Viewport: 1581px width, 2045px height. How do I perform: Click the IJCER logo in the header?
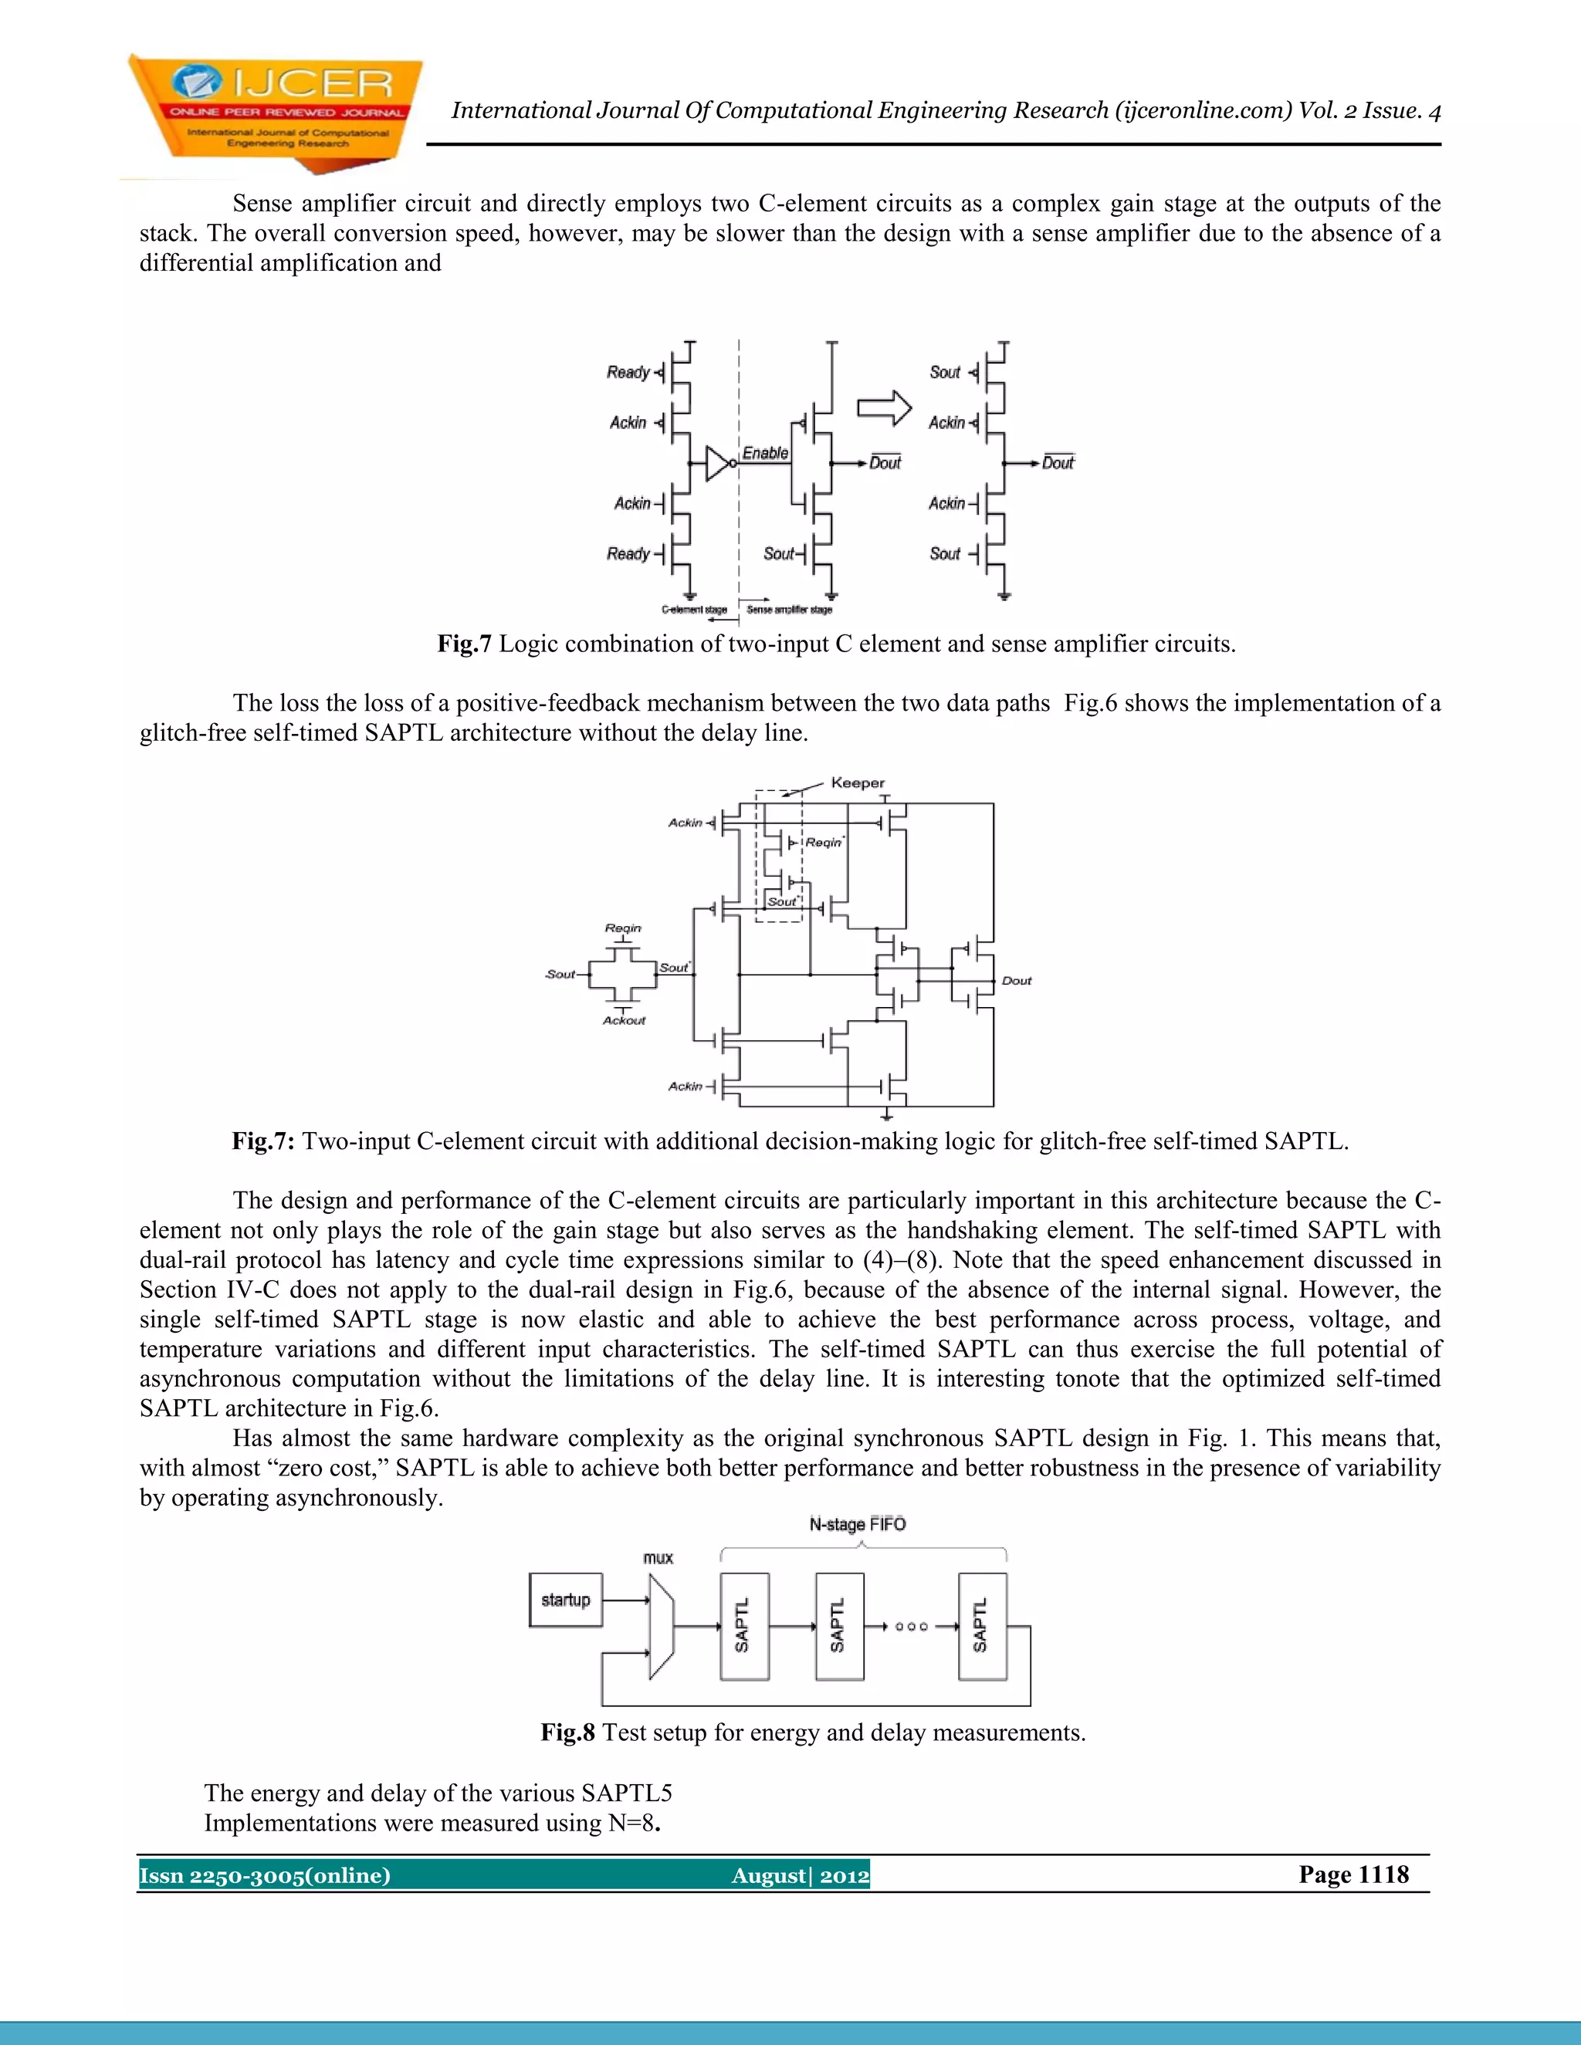point(274,113)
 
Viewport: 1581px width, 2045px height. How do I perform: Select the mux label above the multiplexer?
point(658,1557)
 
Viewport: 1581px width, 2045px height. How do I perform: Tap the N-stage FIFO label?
point(857,1523)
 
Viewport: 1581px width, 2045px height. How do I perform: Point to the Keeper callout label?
point(857,783)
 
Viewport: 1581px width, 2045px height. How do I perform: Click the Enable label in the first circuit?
point(765,453)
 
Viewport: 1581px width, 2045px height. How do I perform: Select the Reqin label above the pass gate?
point(623,928)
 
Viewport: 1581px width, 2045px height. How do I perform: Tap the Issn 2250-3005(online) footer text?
point(265,1875)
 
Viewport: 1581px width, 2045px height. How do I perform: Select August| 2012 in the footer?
point(800,1875)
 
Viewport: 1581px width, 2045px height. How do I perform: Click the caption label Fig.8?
point(567,1732)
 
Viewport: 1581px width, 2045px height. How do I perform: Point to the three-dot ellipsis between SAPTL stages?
point(910,1627)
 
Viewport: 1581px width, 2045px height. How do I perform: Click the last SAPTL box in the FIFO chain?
point(982,1627)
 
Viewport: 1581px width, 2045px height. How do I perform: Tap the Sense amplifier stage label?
point(789,610)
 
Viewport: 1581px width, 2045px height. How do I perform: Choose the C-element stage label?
point(694,610)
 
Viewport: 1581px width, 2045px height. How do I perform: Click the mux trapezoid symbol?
point(660,1627)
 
